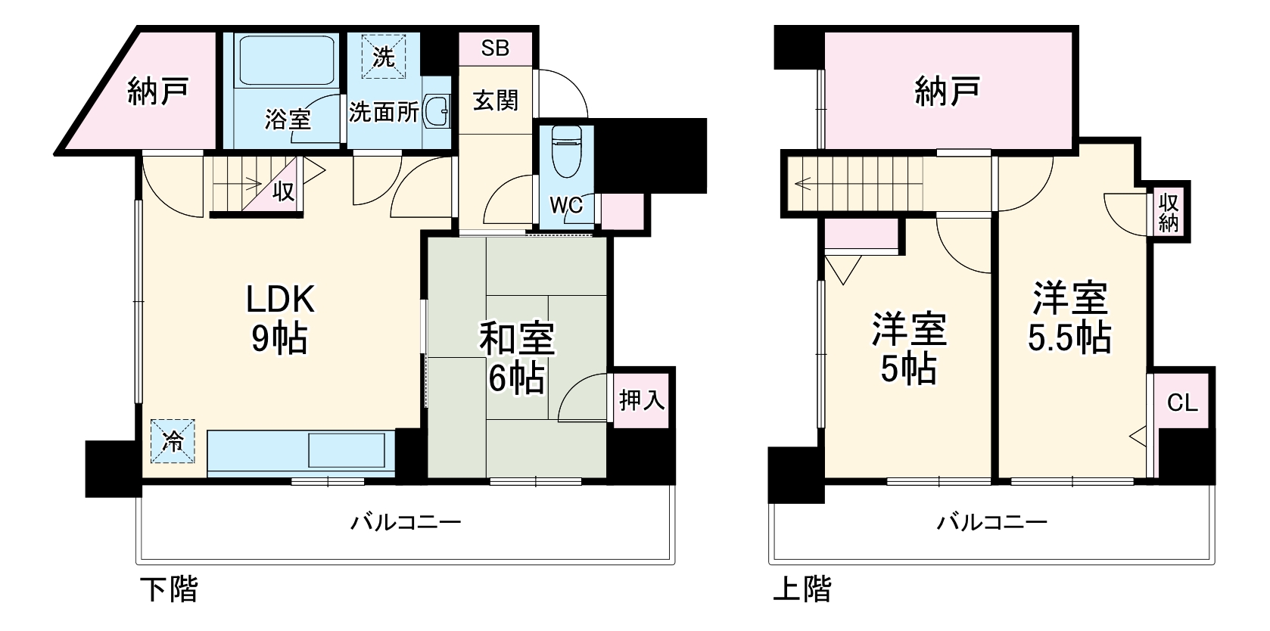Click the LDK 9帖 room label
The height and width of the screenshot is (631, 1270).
click(279, 319)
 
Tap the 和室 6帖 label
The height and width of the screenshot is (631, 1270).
click(517, 358)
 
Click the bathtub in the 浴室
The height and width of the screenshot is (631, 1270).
click(287, 61)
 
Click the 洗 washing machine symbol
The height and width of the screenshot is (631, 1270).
click(384, 56)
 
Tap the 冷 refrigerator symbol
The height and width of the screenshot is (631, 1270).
click(173, 442)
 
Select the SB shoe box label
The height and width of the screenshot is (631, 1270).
click(495, 48)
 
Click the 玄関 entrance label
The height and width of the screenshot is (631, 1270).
click(495, 100)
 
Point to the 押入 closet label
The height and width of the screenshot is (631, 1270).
click(641, 399)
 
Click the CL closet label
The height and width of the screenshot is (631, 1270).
click(1181, 403)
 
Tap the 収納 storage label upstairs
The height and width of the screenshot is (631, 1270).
click(1168, 212)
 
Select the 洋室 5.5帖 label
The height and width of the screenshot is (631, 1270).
click(1069, 317)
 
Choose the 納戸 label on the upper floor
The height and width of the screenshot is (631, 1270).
click(948, 92)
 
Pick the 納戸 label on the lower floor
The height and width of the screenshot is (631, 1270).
click(157, 92)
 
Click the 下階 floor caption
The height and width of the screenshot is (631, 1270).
click(170, 589)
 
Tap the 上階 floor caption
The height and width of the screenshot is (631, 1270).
click(802, 589)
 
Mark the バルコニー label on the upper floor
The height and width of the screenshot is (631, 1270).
click(992, 522)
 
